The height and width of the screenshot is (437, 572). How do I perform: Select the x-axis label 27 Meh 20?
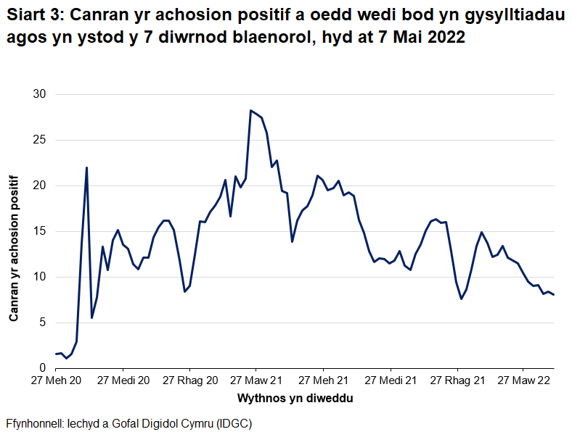click(55, 380)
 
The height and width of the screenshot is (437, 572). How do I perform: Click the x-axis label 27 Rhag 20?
click(189, 380)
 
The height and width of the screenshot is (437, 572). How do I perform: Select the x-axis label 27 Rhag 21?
click(457, 380)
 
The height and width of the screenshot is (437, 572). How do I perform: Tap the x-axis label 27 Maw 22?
click(523, 380)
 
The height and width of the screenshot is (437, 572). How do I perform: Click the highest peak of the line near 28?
click(250, 111)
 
